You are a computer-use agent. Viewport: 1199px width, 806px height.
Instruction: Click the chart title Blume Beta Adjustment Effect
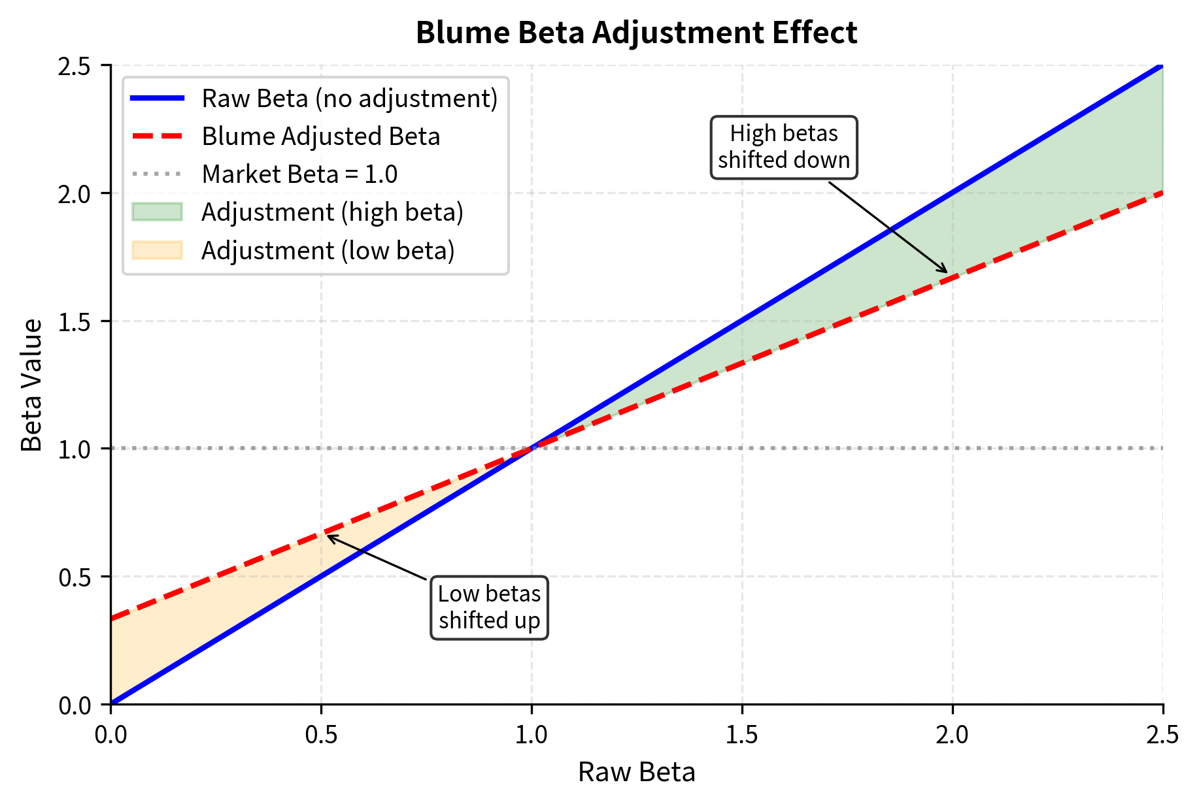coord(636,33)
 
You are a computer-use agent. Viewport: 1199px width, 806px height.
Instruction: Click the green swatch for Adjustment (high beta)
coord(157,212)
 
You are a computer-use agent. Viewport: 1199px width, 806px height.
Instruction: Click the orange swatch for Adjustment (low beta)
coord(157,251)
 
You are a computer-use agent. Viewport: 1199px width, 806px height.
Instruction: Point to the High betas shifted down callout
coord(784,147)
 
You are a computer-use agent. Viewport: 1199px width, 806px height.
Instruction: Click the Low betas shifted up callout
coord(489,607)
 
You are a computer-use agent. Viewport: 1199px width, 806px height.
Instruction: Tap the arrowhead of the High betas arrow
coord(945,271)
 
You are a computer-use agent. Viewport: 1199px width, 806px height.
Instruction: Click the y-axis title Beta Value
coord(31,385)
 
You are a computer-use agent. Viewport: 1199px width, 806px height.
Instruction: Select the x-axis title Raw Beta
coord(636,772)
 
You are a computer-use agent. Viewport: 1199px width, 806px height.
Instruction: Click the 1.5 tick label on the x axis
coord(742,735)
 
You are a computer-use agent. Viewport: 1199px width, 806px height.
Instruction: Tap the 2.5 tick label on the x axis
coord(1162,735)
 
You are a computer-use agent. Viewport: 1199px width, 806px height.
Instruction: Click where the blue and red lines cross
coord(532,448)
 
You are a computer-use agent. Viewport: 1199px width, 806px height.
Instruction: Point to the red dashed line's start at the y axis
coord(112,619)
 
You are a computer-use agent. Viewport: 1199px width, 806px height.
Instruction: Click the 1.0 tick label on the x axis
coord(532,735)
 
